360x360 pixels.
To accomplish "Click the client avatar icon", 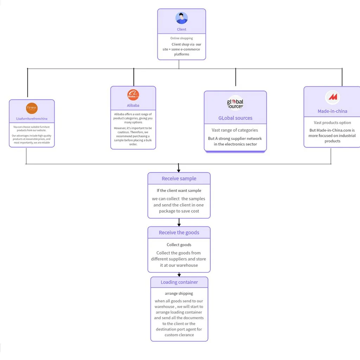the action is coord(181,18).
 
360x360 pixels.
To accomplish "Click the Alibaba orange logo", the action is coord(133,95).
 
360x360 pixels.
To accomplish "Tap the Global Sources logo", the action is coord(235,103).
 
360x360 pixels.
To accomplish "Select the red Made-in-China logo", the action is coord(333,97).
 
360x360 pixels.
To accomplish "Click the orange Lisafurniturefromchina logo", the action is coord(32,108).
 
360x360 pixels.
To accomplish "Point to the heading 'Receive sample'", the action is coord(179,179).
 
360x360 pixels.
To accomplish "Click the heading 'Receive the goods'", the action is coord(179,233).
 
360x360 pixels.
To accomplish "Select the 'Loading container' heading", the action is coord(179,282).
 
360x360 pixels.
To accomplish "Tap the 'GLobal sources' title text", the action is coord(235,118).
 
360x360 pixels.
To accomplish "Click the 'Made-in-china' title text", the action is coord(333,111).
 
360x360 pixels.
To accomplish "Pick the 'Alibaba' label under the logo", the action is coord(133,105).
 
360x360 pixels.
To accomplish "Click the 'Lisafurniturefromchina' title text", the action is coord(32,119).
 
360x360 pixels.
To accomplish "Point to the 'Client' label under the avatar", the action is coord(182,30).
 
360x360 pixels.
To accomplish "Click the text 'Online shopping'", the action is coord(182,38).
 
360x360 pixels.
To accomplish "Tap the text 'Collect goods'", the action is coord(179,245).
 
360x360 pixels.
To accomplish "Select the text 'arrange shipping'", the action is coord(179,294).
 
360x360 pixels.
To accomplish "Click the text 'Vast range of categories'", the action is coord(235,130).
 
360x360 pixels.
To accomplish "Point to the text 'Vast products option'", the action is coord(333,123).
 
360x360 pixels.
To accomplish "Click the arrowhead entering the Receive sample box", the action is coord(179,171).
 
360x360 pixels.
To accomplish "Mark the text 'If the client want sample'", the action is coord(179,191).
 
